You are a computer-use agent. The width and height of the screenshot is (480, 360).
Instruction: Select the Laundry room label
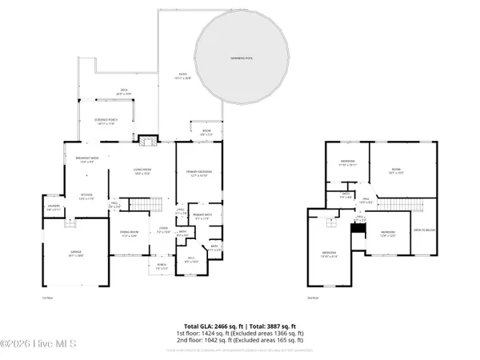tap(54, 209)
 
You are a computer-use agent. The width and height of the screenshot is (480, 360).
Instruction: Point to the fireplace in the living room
tap(146, 142)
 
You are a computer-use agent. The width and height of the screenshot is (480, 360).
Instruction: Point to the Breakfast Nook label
tap(86, 160)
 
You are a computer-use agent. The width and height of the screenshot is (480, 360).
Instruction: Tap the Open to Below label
tap(424, 230)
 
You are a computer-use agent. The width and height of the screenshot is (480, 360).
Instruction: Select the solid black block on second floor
tap(358, 228)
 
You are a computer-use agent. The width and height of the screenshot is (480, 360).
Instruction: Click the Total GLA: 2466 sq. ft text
tap(212, 326)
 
